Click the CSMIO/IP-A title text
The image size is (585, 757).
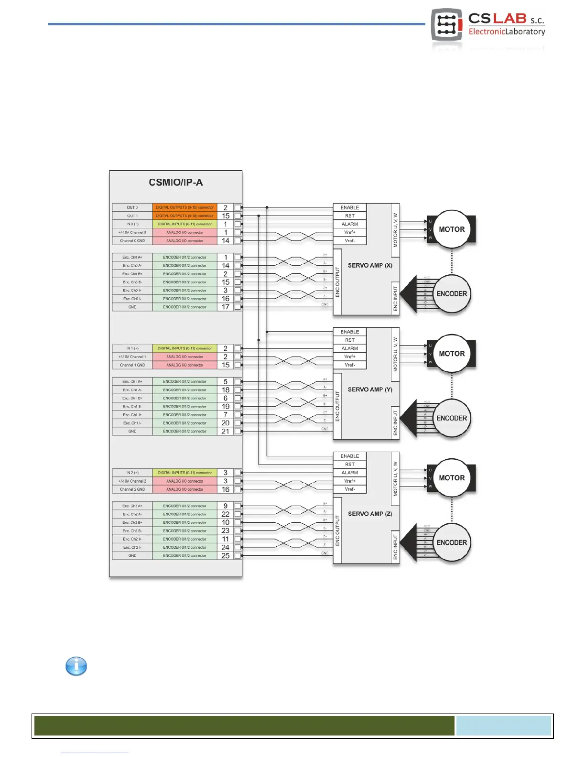coord(176,183)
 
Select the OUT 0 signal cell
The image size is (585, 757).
coord(132,208)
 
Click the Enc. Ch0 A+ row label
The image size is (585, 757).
coord(132,258)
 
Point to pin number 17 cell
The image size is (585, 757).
coord(226,307)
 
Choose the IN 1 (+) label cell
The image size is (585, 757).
coord(132,348)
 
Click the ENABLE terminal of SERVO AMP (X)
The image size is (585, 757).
coord(350,208)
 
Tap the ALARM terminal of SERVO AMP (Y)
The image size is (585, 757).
coord(350,348)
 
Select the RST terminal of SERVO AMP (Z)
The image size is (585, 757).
coord(350,465)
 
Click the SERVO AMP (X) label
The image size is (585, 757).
coord(370,265)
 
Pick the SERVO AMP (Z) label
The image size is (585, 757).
coord(370,514)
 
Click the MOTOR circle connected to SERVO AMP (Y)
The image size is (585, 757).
coord(452,354)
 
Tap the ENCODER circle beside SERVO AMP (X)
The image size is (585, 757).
coord(452,294)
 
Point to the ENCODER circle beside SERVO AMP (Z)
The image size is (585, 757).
coord(452,542)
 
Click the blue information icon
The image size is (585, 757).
coord(76,666)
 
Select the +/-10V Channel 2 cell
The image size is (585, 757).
coord(132,481)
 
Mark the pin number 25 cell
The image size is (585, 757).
coord(226,556)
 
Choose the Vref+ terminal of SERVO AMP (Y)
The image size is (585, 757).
coord(350,357)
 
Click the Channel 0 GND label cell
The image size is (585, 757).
coord(132,241)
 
